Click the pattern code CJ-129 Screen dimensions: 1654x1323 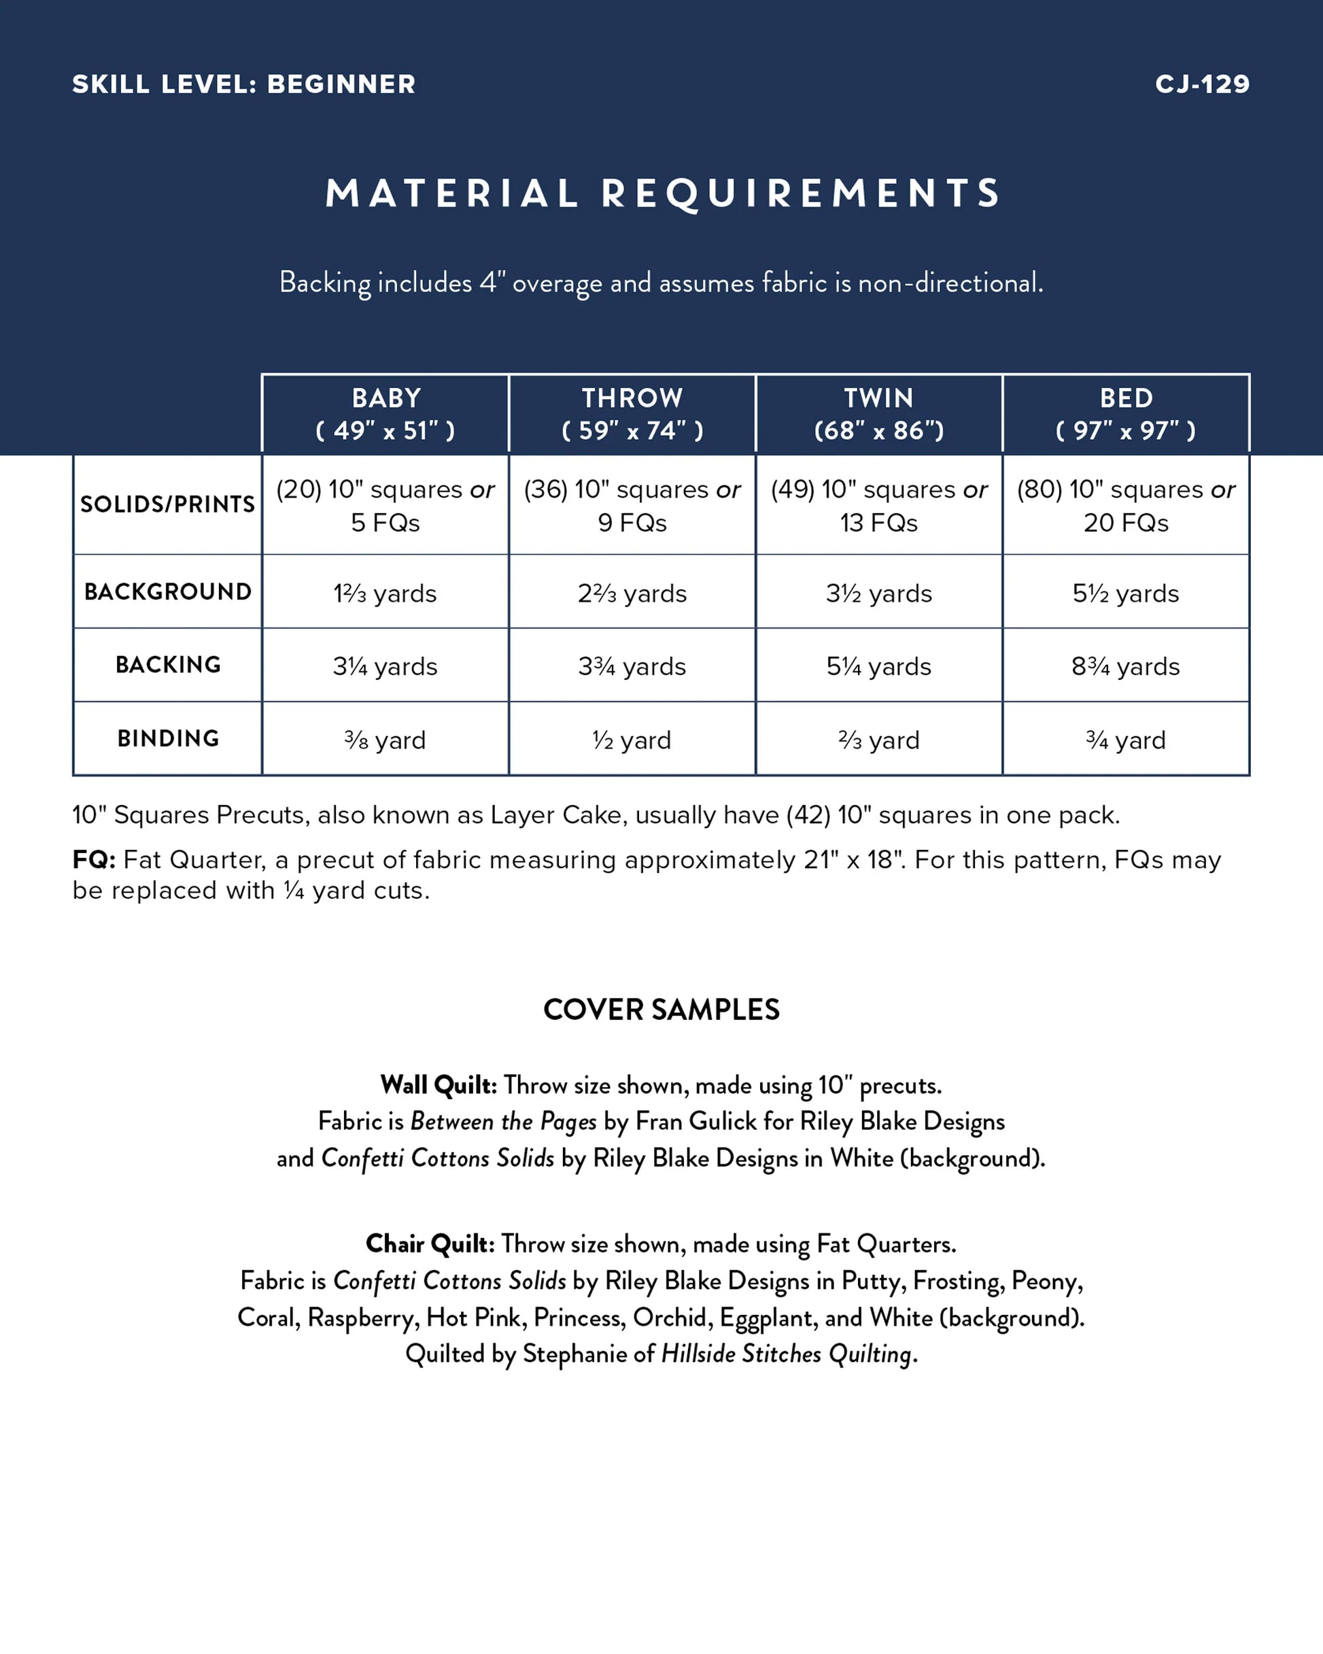pos(1202,84)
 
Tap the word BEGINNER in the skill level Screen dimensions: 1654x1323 pos(341,84)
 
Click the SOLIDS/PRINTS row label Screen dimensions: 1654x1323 pos(167,504)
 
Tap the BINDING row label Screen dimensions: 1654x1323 pos(168,738)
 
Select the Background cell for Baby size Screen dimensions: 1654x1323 pos(385,593)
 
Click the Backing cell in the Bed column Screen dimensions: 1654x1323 pos(1126,666)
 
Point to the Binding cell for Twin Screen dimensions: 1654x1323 pos(878,740)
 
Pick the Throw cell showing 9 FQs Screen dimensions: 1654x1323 pos(632,506)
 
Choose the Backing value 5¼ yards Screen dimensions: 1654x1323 pos(878,666)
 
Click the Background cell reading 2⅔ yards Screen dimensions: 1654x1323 pos(632,593)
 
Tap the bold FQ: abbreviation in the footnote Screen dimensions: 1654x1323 pos(94,859)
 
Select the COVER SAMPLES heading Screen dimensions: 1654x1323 pos(661,1010)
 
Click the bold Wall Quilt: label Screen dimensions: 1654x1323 pos(439,1085)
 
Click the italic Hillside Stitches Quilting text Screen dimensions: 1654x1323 pos(787,1354)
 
